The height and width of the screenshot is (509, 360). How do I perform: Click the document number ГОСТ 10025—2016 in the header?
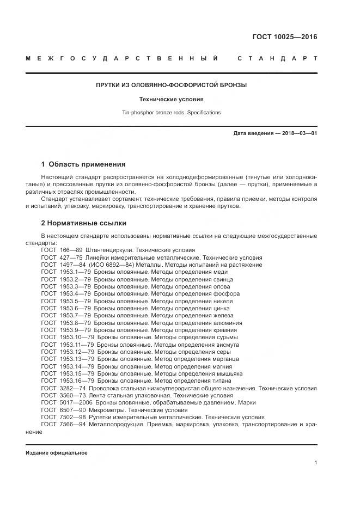284,37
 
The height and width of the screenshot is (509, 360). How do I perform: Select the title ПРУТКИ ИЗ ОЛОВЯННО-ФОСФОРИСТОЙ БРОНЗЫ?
172,85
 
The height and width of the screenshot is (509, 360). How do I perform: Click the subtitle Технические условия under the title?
172,100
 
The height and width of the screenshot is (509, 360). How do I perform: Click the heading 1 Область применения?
83,164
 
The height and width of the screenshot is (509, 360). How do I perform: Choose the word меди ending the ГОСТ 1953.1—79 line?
221,272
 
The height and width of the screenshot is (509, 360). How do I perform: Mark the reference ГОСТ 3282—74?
62,389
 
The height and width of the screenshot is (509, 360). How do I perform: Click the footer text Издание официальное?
57,452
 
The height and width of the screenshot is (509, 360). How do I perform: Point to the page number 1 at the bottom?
315,462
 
